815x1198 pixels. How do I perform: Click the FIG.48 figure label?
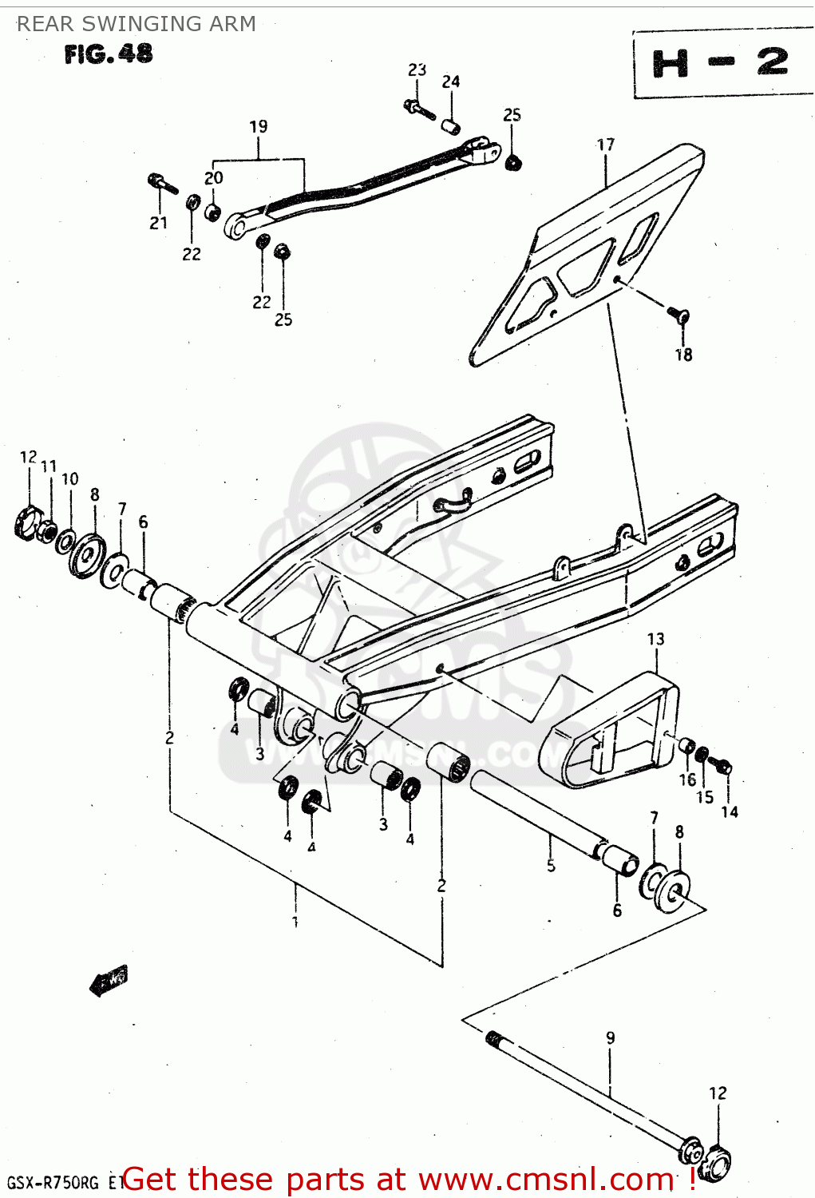point(108,54)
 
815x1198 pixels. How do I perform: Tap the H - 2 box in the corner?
point(721,63)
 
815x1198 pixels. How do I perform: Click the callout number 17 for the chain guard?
point(606,145)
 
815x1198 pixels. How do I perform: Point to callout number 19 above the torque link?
point(258,126)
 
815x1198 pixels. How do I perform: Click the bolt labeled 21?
point(163,183)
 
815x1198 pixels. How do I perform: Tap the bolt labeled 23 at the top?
point(419,109)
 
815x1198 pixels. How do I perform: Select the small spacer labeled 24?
point(450,125)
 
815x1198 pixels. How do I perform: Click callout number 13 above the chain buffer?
point(655,639)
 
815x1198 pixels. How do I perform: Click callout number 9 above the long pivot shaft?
point(611,1037)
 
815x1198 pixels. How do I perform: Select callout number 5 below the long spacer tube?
point(551,865)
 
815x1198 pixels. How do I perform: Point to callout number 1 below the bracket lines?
point(295,921)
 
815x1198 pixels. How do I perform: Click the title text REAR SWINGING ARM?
point(136,24)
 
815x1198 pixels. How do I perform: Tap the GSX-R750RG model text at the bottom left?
point(53,1182)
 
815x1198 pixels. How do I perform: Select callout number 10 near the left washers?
point(70,479)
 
